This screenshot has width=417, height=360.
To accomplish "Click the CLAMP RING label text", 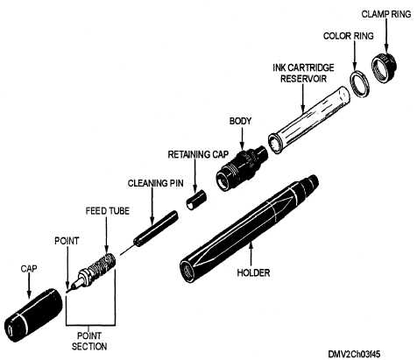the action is (386, 14).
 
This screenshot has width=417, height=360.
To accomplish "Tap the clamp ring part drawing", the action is (384, 67).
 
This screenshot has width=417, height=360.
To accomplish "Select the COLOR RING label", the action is (349, 36).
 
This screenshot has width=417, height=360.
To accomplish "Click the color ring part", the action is (360, 83).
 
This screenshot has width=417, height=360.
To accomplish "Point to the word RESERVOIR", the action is (303, 79).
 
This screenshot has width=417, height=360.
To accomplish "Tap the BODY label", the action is (240, 121).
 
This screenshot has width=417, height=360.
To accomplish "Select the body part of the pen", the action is (242, 168).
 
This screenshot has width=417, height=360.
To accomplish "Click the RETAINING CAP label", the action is (198, 154).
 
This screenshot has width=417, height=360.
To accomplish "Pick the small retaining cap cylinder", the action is (196, 200).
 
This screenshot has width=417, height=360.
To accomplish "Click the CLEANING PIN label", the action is (156, 183).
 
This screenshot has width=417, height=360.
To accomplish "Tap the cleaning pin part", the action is (149, 233).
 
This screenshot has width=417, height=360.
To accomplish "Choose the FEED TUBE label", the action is (108, 211).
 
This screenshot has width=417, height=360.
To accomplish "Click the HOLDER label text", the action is (253, 273).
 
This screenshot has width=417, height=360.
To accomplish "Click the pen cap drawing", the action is (33, 315).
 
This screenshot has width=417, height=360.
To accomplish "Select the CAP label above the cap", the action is (29, 269).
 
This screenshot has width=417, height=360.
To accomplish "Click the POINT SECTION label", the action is (89, 341).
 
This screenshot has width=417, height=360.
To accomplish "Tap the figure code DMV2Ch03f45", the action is (354, 354).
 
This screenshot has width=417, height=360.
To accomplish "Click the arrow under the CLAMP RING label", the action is (386, 36).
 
